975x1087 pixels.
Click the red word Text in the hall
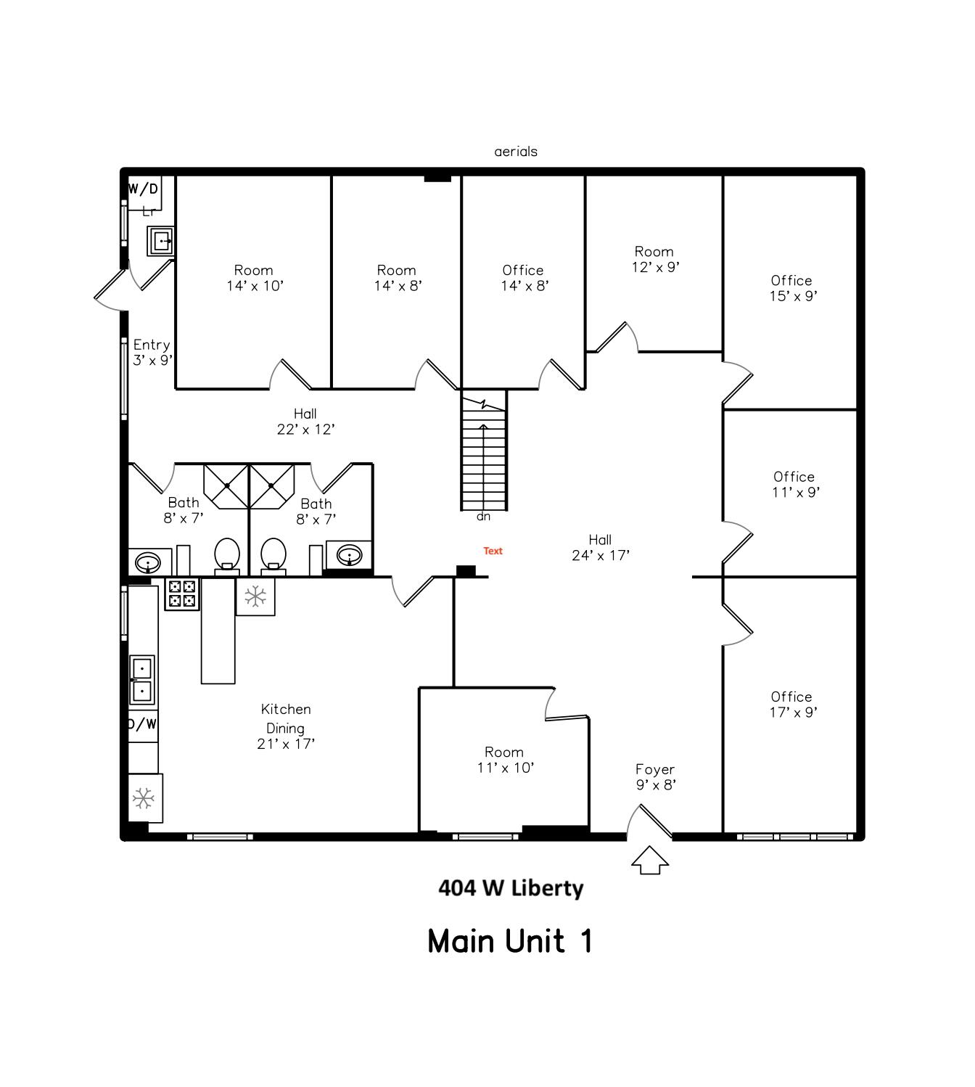point(493,551)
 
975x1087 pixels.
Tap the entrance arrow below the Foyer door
point(649,860)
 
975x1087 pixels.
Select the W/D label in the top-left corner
point(143,189)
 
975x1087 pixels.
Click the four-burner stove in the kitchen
point(182,594)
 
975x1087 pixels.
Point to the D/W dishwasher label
point(142,724)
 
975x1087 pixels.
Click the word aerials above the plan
point(516,152)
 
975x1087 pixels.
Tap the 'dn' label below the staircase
point(483,517)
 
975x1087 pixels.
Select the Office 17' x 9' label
point(792,705)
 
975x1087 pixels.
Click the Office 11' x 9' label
point(794,485)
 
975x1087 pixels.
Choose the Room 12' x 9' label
point(654,259)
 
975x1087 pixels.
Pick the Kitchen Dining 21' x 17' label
point(286,726)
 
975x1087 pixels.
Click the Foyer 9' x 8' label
point(655,777)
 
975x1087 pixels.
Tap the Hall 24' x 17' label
point(600,548)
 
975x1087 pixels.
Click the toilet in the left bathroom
point(227,556)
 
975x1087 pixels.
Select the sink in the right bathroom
point(350,555)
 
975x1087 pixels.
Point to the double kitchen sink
point(141,680)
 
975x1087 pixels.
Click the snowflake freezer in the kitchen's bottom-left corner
point(144,799)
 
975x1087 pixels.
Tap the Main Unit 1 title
point(510,941)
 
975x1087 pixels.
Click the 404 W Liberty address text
point(511,887)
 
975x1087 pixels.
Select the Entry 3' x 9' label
point(152,353)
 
